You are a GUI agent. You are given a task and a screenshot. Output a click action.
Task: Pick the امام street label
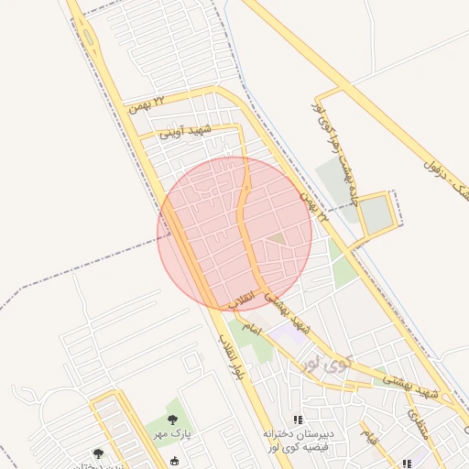point(252,327)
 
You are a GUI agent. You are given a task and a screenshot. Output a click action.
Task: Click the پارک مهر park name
point(170,436)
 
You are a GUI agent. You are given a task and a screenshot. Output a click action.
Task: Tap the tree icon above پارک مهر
point(172,420)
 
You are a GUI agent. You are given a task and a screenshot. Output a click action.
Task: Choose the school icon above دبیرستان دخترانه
point(296,418)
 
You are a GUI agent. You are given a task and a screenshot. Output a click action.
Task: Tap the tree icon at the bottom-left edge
point(99,453)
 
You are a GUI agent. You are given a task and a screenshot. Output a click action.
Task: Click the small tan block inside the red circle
point(276,239)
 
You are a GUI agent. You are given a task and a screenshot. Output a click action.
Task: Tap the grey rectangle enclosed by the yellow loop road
point(375,214)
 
